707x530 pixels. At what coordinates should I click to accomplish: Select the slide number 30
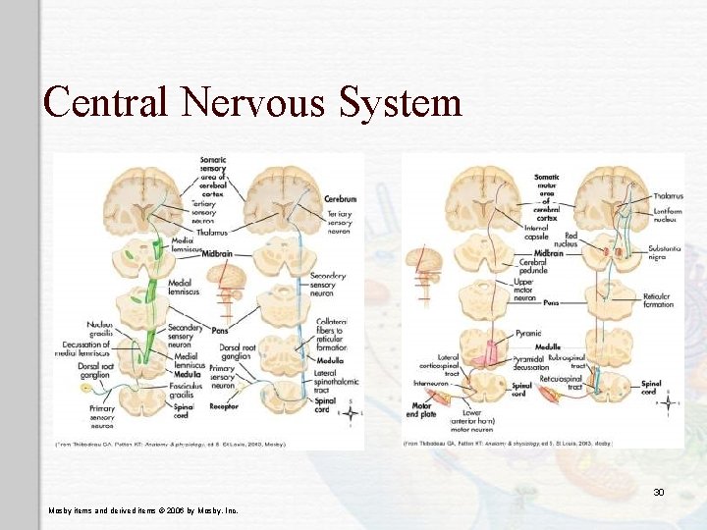[659, 492]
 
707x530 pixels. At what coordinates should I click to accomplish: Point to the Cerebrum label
[340, 199]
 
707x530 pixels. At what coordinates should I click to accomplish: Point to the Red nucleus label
[566, 239]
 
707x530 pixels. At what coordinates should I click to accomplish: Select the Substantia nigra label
[664, 253]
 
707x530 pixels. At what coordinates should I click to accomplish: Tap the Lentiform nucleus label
[668, 217]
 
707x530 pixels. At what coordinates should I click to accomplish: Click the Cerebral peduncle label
[531, 266]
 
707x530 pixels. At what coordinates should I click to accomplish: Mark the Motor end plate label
[421, 408]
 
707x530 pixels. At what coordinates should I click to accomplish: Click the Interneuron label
[431, 384]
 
